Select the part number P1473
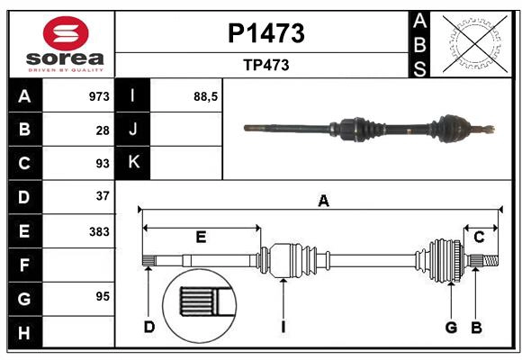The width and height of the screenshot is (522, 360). pyautogui.click(x=265, y=33)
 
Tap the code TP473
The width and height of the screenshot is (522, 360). pyautogui.click(x=265, y=65)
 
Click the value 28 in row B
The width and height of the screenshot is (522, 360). pyautogui.click(x=103, y=130)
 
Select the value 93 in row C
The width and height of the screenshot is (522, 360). pyautogui.click(x=103, y=164)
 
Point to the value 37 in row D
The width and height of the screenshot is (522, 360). pyautogui.click(x=103, y=195)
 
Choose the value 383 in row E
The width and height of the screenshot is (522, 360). pyautogui.click(x=99, y=231)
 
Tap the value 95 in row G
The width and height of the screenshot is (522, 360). pyautogui.click(x=103, y=296)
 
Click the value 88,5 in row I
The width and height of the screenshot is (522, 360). pyautogui.click(x=206, y=96)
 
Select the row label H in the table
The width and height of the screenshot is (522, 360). pyautogui.click(x=24, y=334)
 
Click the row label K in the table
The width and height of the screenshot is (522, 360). pyautogui.click(x=133, y=163)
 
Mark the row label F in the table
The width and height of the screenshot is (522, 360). pyautogui.click(x=24, y=265)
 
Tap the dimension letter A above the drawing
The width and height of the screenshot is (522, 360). pyautogui.click(x=323, y=202)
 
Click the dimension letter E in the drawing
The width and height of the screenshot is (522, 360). pyautogui.click(x=201, y=237)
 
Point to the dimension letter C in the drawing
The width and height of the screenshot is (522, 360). pyautogui.click(x=479, y=237)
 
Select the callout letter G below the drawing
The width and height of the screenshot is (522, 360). pyautogui.click(x=451, y=327)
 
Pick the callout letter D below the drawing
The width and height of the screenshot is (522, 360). pyautogui.click(x=149, y=327)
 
